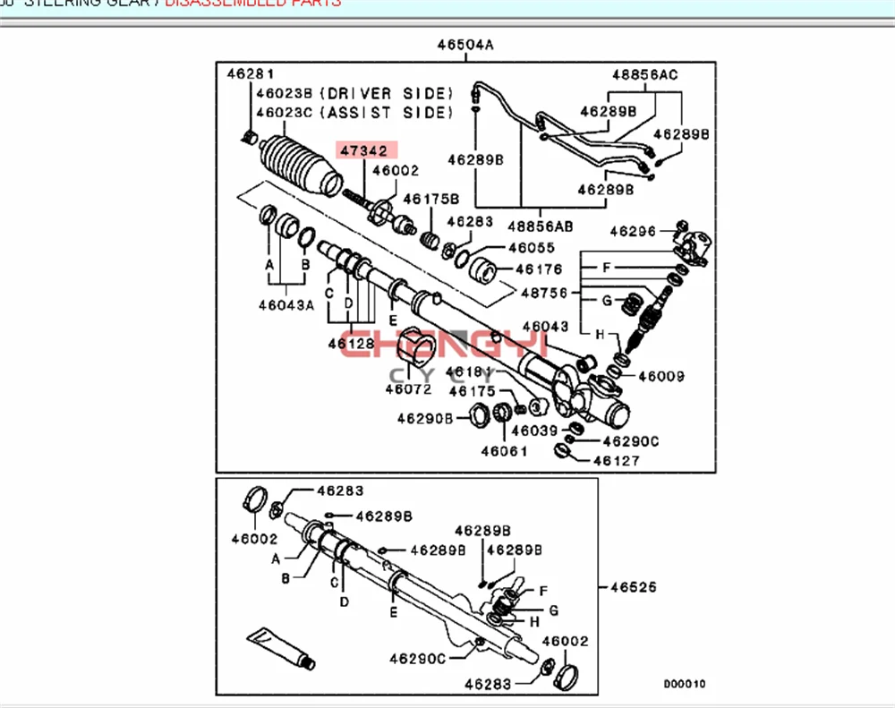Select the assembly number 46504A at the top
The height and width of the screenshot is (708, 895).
tap(465, 46)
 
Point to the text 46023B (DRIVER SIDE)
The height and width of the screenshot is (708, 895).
tap(354, 93)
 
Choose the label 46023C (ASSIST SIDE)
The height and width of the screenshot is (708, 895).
tap(354, 113)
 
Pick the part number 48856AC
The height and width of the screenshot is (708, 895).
tap(645, 74)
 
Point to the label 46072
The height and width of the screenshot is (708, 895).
tap(408, 388)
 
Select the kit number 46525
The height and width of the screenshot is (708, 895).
tap(633, 588)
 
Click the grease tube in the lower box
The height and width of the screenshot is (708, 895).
tap(279, 647)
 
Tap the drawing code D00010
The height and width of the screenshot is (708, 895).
tap(685, 684)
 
